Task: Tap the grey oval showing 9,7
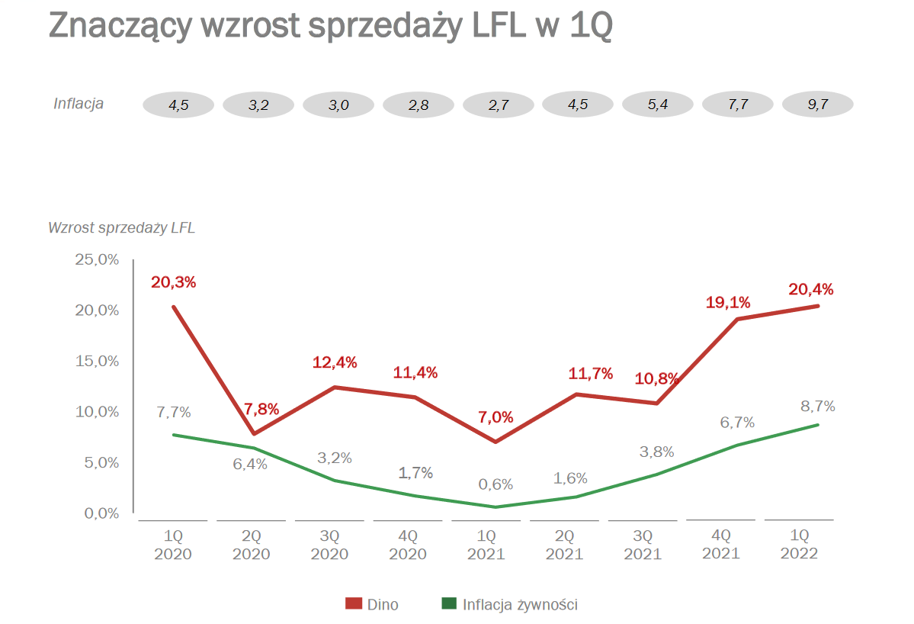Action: point(818,105)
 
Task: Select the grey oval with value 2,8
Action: point(419,105)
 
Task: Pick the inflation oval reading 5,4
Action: point(658,105)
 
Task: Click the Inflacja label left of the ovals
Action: point(79,104)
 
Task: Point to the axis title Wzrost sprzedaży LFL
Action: point(122,228)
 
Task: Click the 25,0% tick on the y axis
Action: point(97,260)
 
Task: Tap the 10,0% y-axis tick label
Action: point(97,412)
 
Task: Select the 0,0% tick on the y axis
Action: point(101,513)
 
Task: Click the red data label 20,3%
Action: point(174,282)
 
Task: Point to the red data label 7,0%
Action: point(496,417)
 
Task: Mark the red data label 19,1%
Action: point(728,303)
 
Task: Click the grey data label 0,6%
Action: point(495,484)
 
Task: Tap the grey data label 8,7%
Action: point(817,406)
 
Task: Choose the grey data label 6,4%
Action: point(250,464)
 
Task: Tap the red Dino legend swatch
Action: point(353,604)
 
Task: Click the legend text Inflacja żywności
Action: point(520,605)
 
